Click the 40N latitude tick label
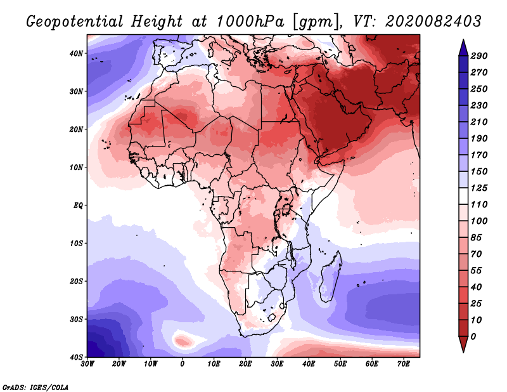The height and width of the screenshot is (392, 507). tap(76, 53)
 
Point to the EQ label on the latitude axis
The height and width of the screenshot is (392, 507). tap(78, 206)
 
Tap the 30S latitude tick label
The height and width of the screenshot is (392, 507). tap(76, 320)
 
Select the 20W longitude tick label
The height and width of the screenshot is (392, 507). tap(119, 364)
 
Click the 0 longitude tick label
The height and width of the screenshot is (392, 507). tap(183, 364)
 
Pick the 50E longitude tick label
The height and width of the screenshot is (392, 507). tap(340, 364)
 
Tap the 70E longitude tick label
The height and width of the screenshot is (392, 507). tap(404, 364)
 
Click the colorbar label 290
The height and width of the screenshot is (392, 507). tap(478, 56)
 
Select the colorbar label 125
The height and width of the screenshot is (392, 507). tap(478, 188)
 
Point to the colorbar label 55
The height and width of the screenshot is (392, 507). tap(476, 271)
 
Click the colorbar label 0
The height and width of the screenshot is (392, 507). tap(473, 337)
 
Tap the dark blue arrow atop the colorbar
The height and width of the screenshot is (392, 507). tap(463, 48)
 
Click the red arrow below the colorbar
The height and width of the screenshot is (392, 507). tap(463, 344)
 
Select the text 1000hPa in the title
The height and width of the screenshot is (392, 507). tap(250, 22)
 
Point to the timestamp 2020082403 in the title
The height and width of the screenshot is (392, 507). tap(433, 22)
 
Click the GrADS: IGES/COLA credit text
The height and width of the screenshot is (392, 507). tap(35, 387)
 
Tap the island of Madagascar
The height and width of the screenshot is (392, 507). tap(330, 275)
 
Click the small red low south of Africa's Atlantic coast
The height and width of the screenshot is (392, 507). tap(182, 341)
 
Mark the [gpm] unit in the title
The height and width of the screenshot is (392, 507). tap(317, 22)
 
